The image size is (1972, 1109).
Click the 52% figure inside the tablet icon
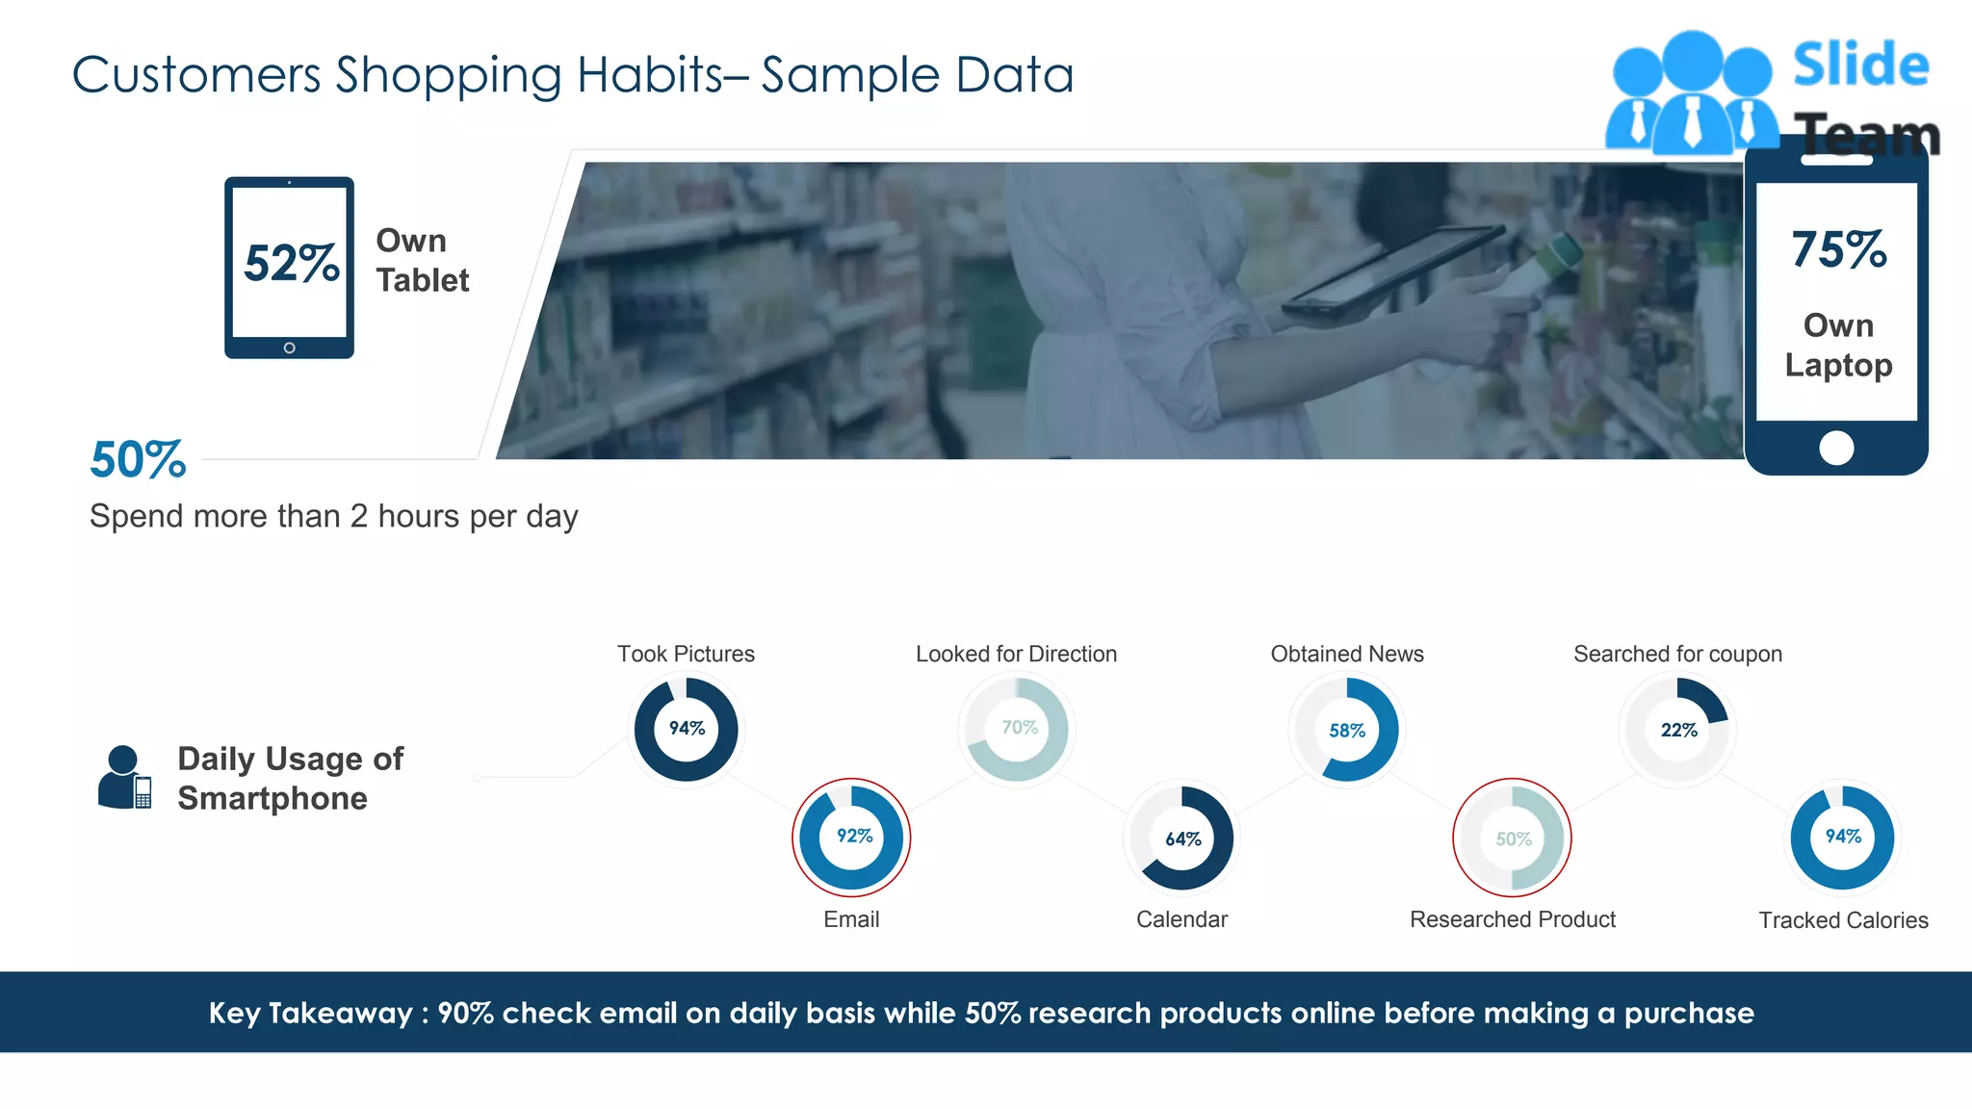(291, 263)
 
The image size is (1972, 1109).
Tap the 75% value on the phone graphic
(1838, 249)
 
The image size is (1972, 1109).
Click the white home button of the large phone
(1836, 448)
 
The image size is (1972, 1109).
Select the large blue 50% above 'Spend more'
(138, 459)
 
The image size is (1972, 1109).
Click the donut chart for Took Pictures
(687, 729)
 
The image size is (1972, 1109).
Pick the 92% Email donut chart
(852, 837)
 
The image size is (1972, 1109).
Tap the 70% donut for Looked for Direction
(1018, 729)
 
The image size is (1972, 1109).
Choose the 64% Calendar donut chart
(1182, 838)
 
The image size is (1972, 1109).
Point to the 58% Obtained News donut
(1347, 730)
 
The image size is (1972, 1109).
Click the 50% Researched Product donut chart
(1513, 838)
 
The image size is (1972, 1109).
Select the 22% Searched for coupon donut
(1678, 730)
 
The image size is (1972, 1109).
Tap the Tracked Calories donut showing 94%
(1843, 837)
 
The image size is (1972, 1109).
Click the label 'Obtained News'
(1347, 654)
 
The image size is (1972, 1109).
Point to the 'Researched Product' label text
(1513, 919)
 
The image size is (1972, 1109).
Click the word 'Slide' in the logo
(1860, 65)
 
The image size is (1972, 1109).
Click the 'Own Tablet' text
(422, 260)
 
